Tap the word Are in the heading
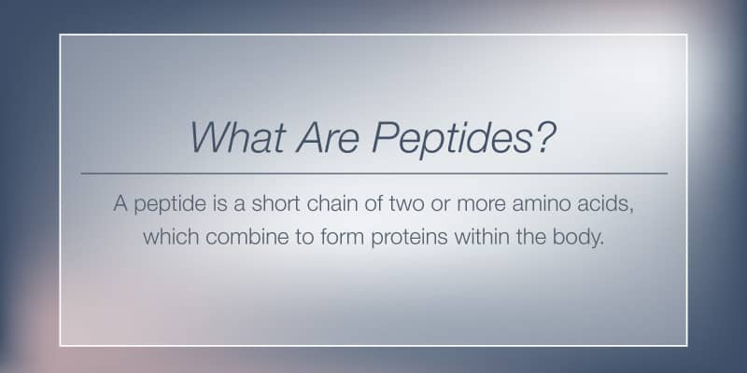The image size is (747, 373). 327,137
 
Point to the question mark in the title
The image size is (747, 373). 544,137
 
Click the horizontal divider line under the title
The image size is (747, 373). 374,173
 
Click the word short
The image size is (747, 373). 275,203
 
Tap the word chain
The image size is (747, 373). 332,203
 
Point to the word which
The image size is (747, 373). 171,236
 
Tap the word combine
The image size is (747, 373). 247,236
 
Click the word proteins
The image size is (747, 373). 409,238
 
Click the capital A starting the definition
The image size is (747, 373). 120,204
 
